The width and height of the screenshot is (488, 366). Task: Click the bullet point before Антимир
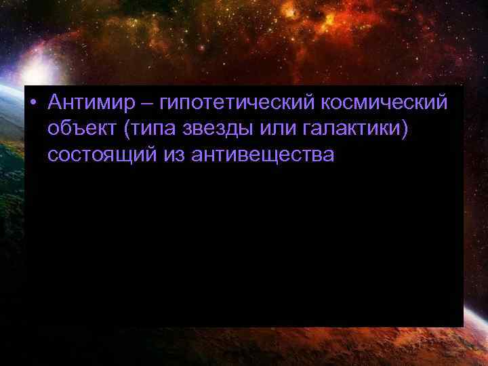click(33, 103)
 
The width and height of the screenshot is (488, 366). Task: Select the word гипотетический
click(237, 104)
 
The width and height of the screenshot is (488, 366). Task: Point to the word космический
click(385, 104)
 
